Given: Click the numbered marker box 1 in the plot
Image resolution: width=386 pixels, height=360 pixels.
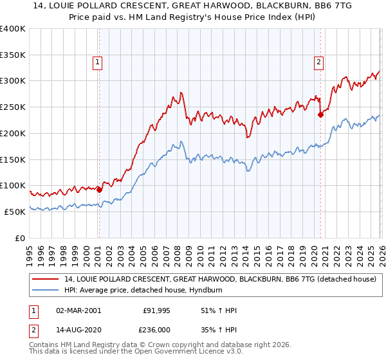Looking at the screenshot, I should (98, 62).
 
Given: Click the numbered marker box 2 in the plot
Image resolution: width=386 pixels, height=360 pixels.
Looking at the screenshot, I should (318, 62).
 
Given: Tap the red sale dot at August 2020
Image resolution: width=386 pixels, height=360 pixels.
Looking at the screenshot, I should (320, 115).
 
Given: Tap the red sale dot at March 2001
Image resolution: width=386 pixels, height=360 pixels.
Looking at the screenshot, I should (99, 190).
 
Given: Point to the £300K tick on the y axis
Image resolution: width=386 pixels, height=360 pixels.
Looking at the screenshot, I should (13, 81).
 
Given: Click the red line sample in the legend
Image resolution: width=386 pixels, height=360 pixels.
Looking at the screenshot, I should (46, 279).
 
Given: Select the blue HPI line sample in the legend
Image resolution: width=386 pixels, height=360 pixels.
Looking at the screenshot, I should (46, 290).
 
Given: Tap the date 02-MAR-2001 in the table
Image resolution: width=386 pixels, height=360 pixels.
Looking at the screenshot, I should (78, 310).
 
